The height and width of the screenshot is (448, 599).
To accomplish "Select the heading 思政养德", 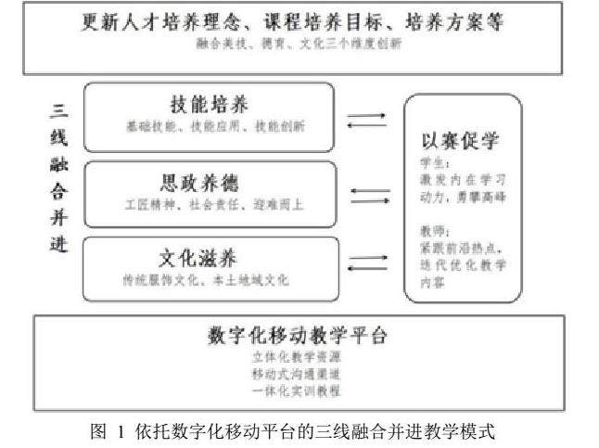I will coord(208,179).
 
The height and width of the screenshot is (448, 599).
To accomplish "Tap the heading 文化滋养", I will coord(208,255).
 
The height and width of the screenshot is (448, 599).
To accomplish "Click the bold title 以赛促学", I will coord(461,142).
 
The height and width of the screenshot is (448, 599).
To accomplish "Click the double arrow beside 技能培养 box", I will coord(366,121).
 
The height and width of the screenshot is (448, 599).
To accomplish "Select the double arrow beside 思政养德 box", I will coord(370,195).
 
